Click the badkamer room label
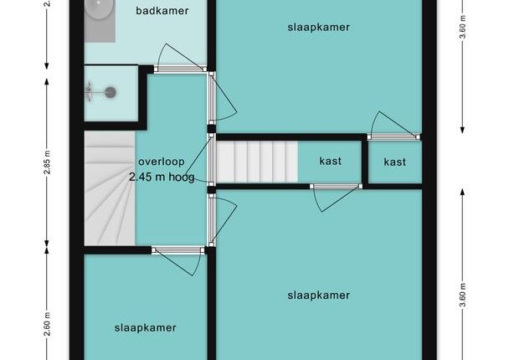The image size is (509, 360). [162, 11]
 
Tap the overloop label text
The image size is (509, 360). [162, 162]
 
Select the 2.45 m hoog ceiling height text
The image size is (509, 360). [162, 177]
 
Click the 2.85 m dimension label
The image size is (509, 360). [48, 162]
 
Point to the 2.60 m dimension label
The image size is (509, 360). [48, 324]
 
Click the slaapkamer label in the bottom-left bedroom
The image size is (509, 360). [146, 327]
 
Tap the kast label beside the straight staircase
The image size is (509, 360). [330, 161]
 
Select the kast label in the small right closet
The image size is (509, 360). [395, 162]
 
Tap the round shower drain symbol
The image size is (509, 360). [111, 93]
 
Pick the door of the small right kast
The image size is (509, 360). [393, 126]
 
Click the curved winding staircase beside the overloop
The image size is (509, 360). [110, 188]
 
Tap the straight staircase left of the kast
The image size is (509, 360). [257, 162]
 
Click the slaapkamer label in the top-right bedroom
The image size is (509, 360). [318, 28]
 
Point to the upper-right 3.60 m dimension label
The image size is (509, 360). [463, 27]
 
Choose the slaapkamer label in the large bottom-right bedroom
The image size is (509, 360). [318, 296]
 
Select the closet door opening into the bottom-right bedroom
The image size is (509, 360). [336, 198]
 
